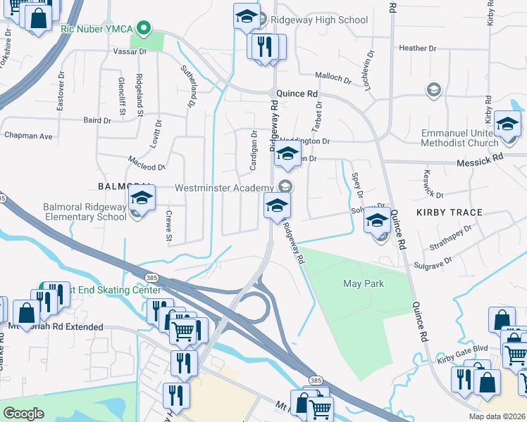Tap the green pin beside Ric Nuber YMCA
[144, 29]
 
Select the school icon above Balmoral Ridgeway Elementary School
[142, 200]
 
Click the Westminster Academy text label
[223, 188]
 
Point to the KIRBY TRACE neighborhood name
[449, 212]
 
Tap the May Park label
[361, 283]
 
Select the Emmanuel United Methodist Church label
[470, 138]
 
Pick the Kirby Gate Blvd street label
[461, 359]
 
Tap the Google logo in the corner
[23, 413]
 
